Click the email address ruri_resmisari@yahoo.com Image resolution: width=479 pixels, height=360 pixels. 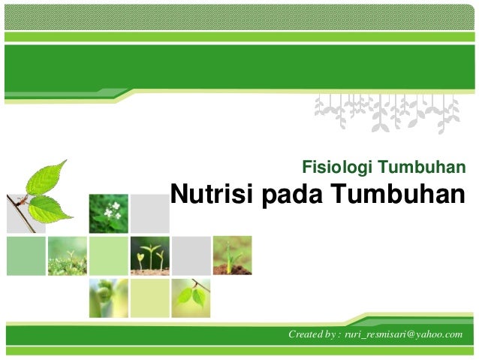(402, 333)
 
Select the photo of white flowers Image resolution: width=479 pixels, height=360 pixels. (109, 213)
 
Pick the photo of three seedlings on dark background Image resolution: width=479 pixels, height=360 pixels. (149, 256)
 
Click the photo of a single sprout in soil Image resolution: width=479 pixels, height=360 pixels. (232, 256)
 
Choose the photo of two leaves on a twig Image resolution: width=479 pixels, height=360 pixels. (191, 297)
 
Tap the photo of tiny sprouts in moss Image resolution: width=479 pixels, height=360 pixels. (67, 256)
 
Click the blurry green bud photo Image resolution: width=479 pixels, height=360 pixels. (108, 297)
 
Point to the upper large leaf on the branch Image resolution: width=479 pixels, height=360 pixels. (46, 178)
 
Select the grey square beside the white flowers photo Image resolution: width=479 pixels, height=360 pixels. (149, 213)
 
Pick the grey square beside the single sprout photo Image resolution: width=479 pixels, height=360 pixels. (191, 256)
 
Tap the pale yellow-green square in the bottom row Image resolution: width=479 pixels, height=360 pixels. (149, 297)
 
